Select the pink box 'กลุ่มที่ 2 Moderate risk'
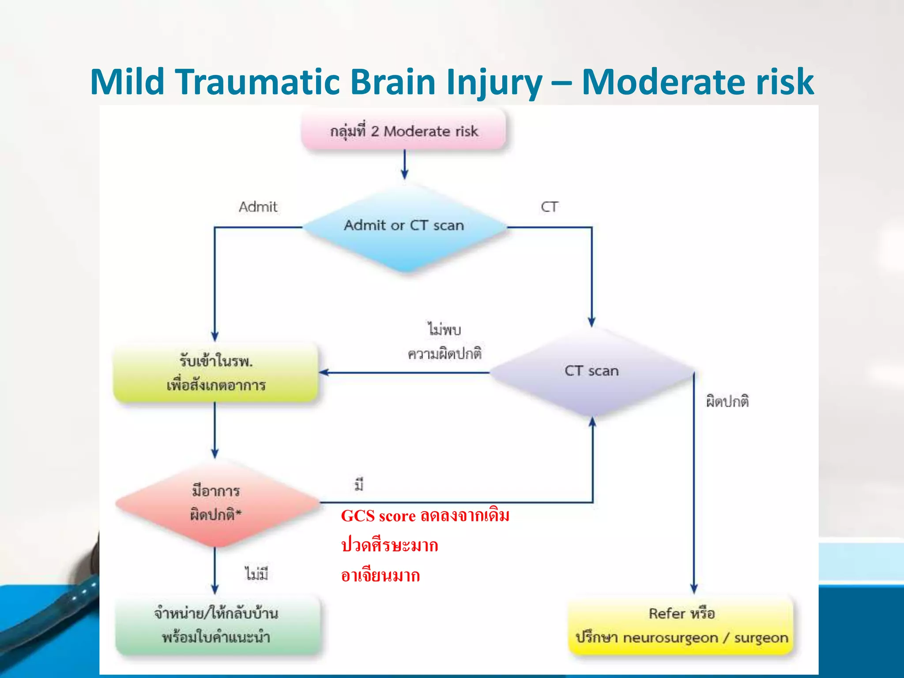(404, 131)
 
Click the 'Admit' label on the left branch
(258, 207)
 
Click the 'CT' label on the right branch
(549, 207)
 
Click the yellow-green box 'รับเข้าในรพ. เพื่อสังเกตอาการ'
(215, 373)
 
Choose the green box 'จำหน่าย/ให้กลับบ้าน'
(216, 625)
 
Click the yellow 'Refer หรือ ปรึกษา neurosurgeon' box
(681, 625)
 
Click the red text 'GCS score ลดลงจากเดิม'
(425, 516)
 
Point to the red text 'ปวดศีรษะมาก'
(389, 546)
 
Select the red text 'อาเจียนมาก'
(380, 576)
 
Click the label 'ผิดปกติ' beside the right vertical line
(727, 401)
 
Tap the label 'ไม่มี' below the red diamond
(256, 574)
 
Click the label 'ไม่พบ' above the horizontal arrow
(444, 329)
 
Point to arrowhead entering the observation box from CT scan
(324, 373)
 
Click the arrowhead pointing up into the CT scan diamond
(592, 422)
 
